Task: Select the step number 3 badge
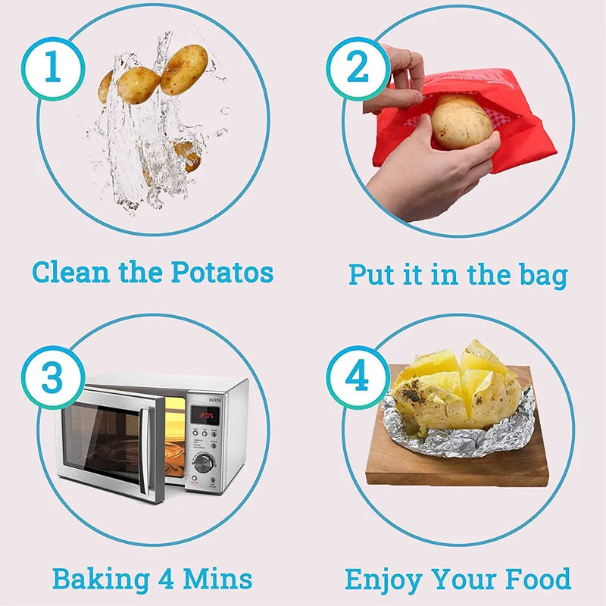(x=52, y=376)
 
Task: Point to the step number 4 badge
(x=358, y=376)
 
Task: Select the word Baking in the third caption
(x=100, y=579)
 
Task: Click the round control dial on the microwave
(x=203, y=463)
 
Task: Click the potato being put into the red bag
(x=461, y=122)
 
